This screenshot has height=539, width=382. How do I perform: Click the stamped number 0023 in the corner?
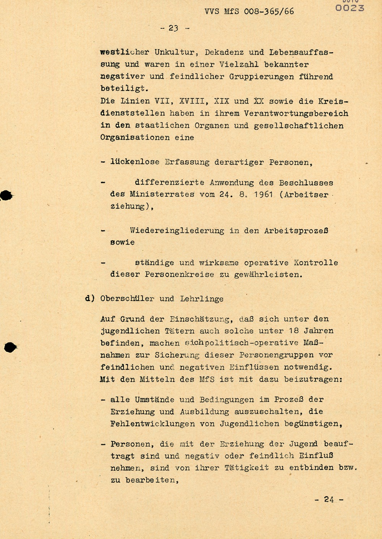[x=350, y=8]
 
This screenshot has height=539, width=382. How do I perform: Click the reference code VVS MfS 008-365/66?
[x=249, y=11]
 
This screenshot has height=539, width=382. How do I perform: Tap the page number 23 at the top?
[x=174, y=28]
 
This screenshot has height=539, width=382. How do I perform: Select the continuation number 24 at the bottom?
[x=329, y=499]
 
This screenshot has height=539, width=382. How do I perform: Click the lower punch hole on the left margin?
[x=10, y=347]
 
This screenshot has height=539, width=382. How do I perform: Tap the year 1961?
[x=263, y=194]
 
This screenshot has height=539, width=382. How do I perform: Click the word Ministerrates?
[x=162, y=194]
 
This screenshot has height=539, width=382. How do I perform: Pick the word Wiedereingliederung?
[x=176, y=231]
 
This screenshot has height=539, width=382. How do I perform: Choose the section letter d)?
[x=90, y=299]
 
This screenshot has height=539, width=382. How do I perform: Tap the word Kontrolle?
[x=316, y=263]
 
